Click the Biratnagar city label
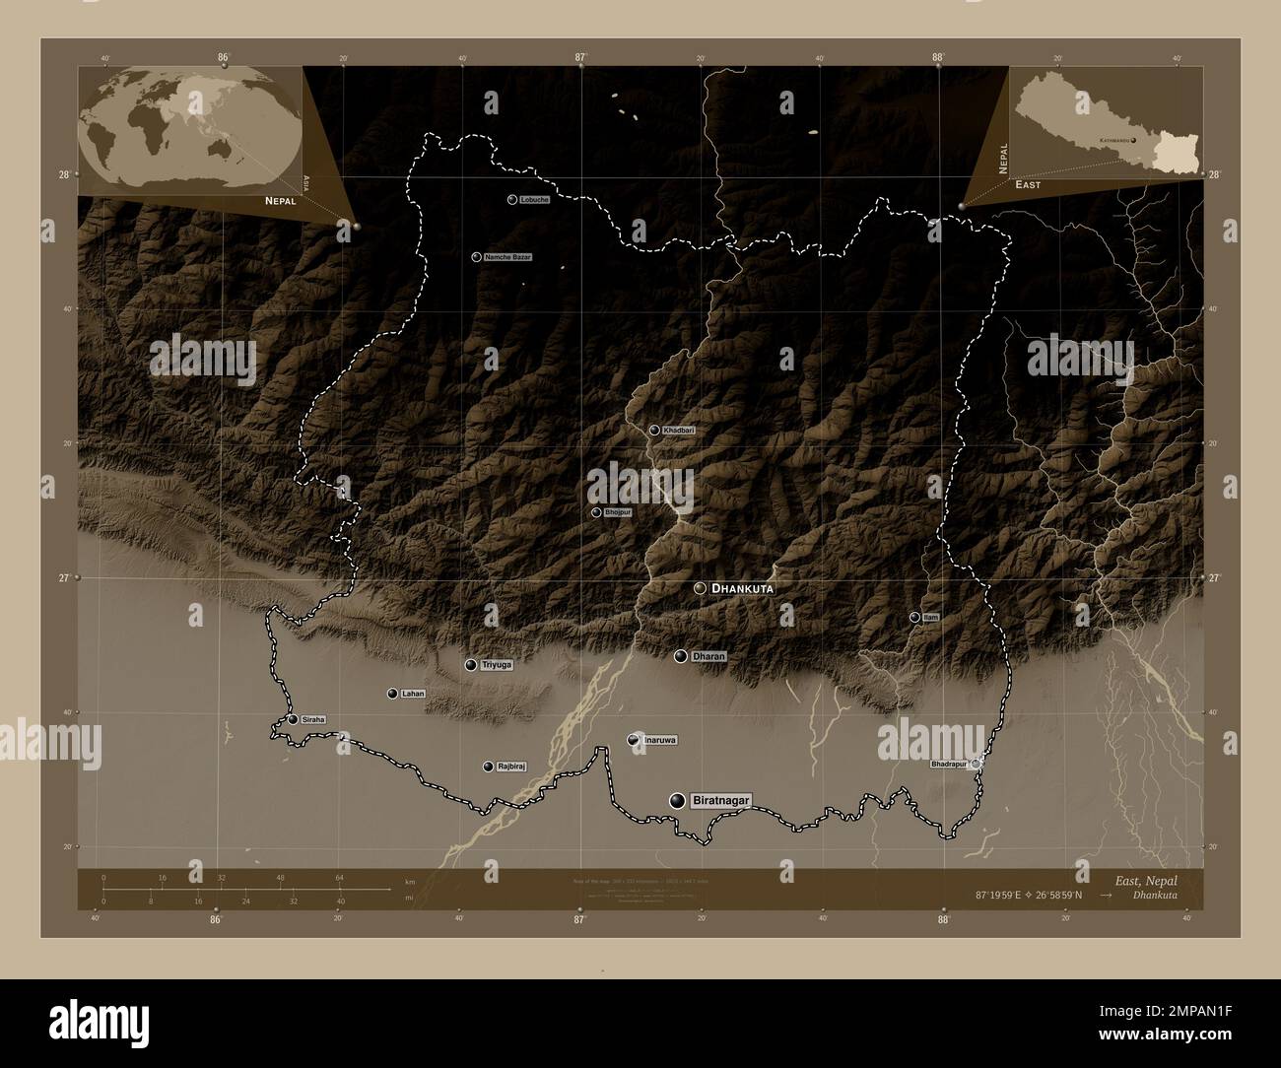coord(720,800)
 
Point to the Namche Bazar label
coord(507,257)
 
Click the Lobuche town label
coord(534,199)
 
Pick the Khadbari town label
coord(678,431)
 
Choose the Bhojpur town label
coord(617,512)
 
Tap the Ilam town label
coord(931,617)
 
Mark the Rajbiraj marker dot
coord(488,767)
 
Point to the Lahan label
coord(413,694)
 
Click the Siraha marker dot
coord(294,719)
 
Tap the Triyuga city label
coord(498,665)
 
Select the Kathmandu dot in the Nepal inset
coord(1134,140)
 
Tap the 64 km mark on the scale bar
coord(339,877)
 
